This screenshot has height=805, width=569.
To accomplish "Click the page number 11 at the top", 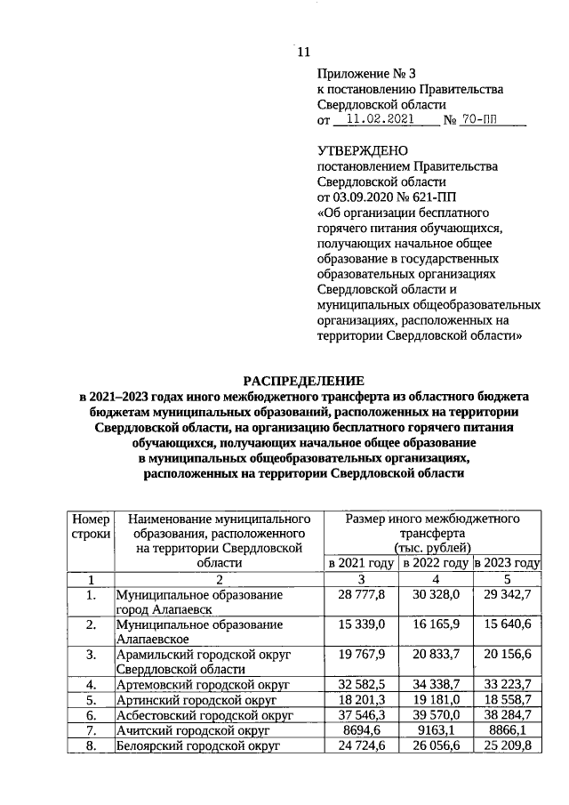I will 303,52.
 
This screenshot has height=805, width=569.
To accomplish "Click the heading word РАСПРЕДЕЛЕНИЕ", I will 303,380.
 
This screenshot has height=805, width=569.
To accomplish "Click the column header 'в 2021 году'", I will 361,564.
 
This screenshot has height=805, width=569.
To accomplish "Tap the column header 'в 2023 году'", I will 508,564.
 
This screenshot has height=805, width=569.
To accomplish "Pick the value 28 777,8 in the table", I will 361,594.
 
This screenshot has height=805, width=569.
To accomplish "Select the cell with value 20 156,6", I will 508,655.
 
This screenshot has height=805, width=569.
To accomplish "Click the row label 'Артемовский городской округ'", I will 198,685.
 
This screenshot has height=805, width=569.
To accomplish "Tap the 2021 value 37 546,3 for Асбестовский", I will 361,715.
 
